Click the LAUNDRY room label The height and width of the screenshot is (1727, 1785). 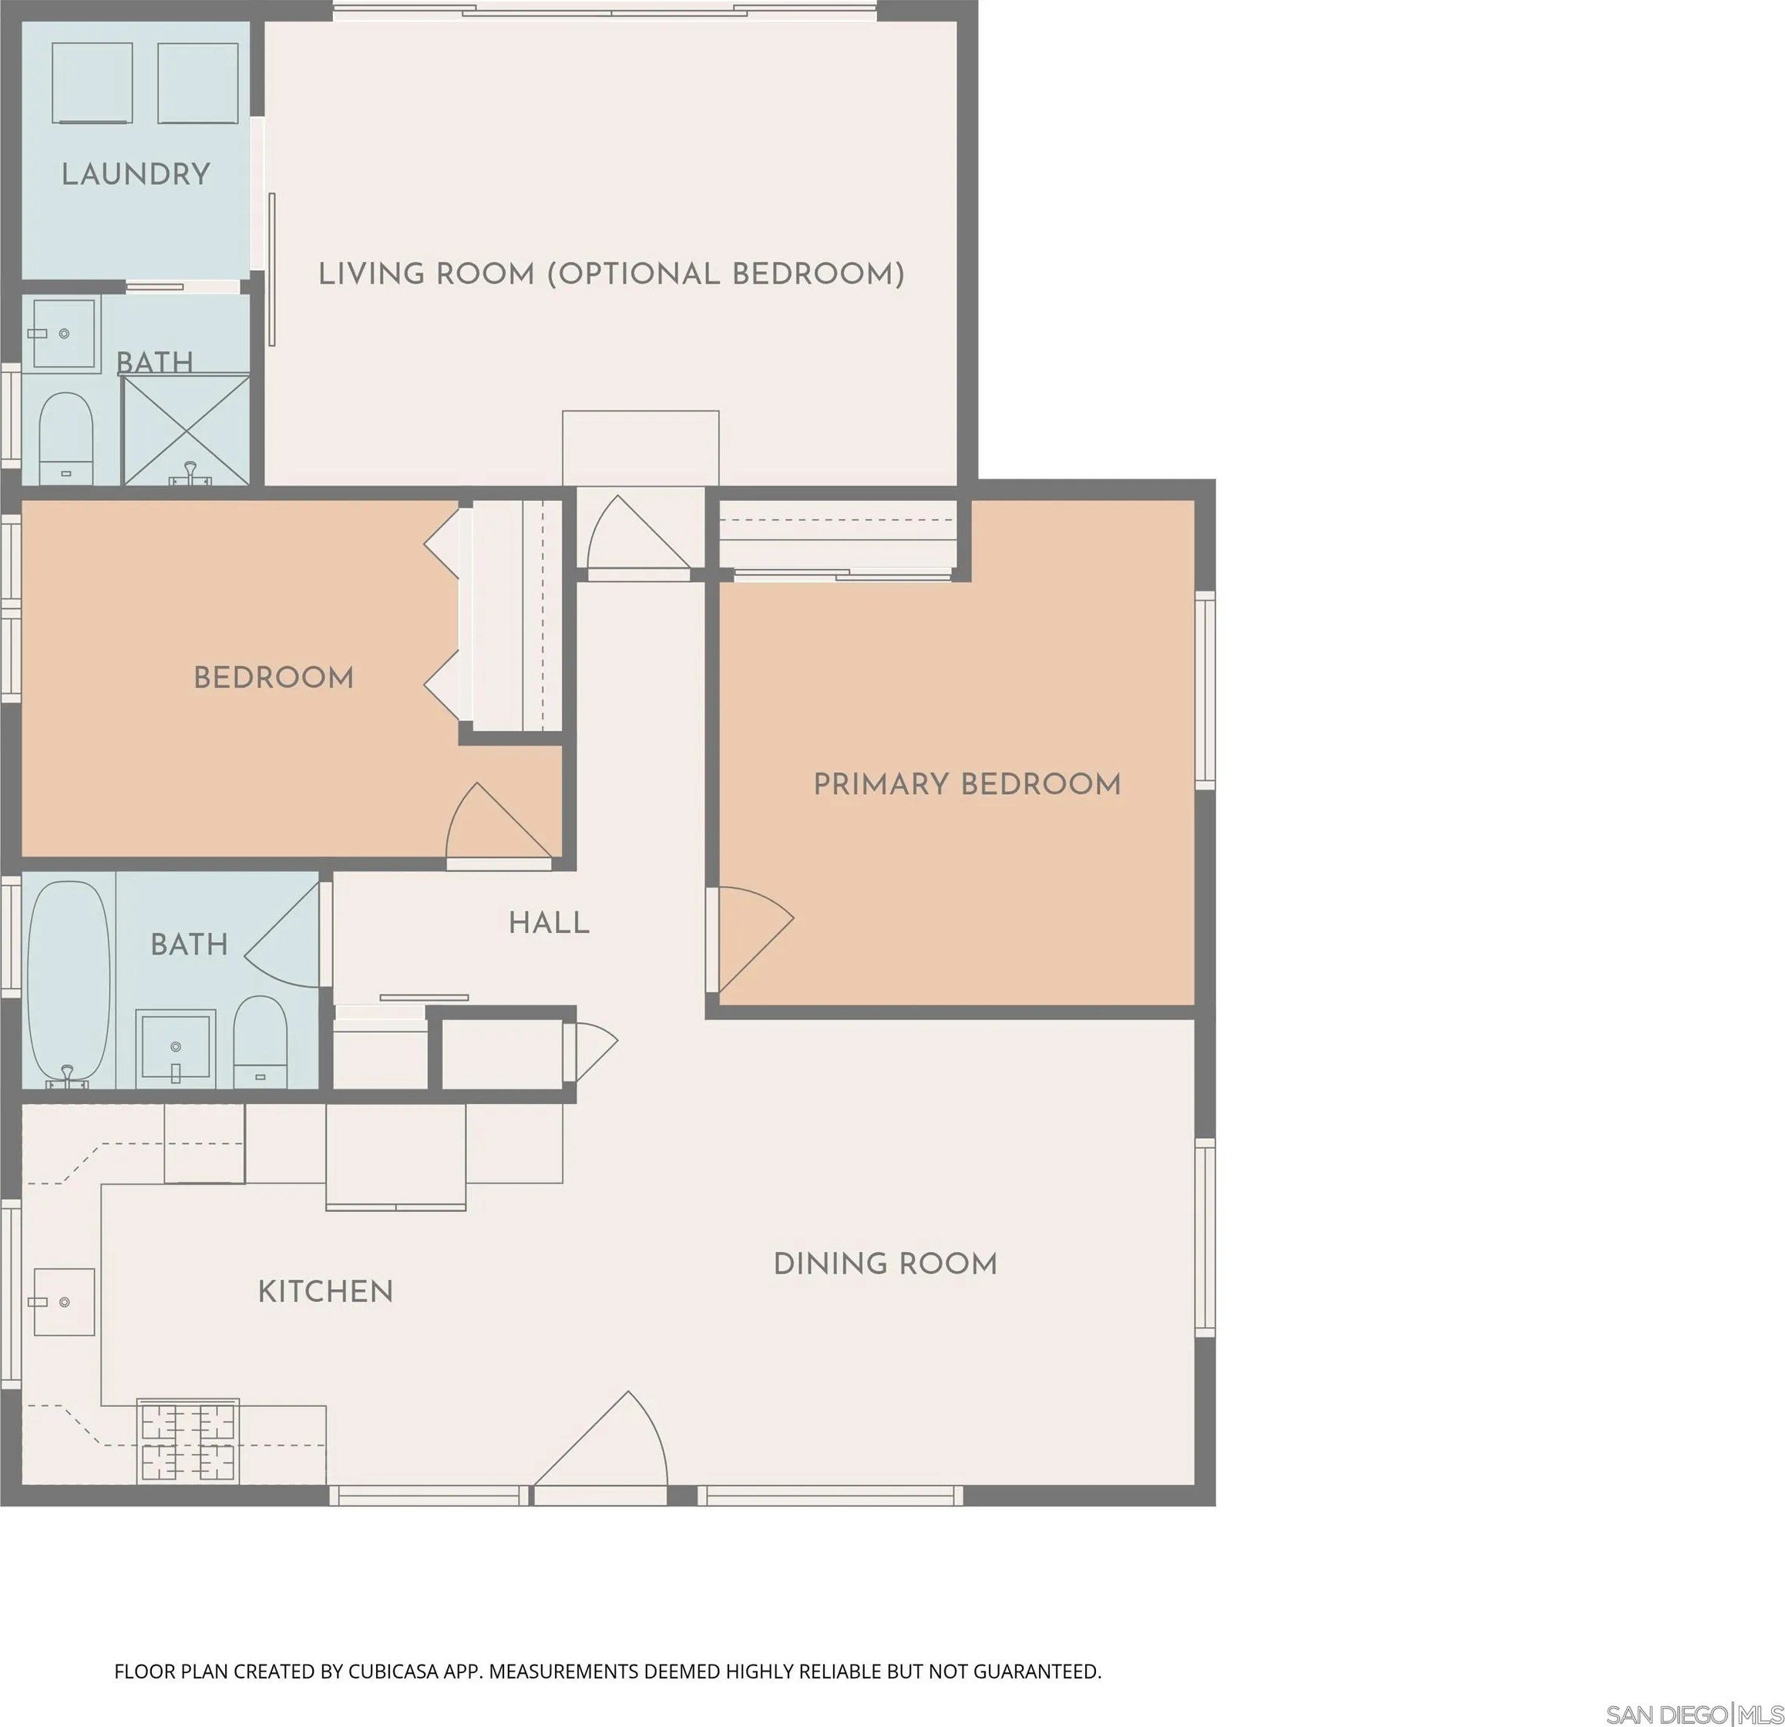[136, 174]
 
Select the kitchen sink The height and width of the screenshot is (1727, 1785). [64, 1301]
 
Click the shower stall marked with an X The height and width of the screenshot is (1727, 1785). [186, 430]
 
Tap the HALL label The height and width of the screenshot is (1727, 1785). [550, 924]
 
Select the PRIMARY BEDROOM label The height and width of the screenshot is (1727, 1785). [967, 784]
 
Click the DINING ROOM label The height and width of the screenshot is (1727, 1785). [886, 1264]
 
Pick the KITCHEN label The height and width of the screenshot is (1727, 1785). [325, 1291]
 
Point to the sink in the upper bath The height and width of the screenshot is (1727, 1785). [63, 335]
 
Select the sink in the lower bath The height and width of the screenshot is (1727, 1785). [176, 1049]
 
